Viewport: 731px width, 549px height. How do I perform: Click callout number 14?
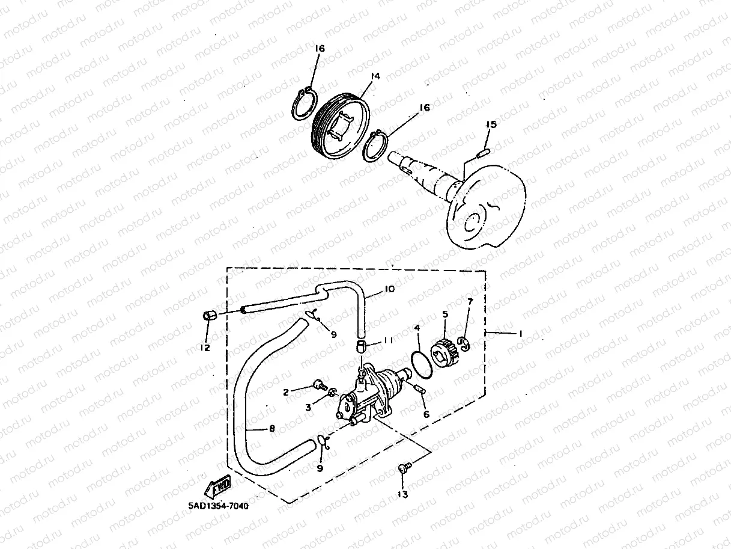376,76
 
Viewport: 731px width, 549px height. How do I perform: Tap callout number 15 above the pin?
491,124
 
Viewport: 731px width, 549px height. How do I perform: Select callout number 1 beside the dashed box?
521,333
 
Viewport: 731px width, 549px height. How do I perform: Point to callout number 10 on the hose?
389,289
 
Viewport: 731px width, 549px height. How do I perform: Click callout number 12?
205,348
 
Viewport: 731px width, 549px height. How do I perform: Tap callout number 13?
402,494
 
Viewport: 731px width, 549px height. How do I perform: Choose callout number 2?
286,391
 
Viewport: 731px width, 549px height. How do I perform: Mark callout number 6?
426,414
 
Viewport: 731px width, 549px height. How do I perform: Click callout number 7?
470,301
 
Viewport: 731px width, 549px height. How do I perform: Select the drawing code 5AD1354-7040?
214,506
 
